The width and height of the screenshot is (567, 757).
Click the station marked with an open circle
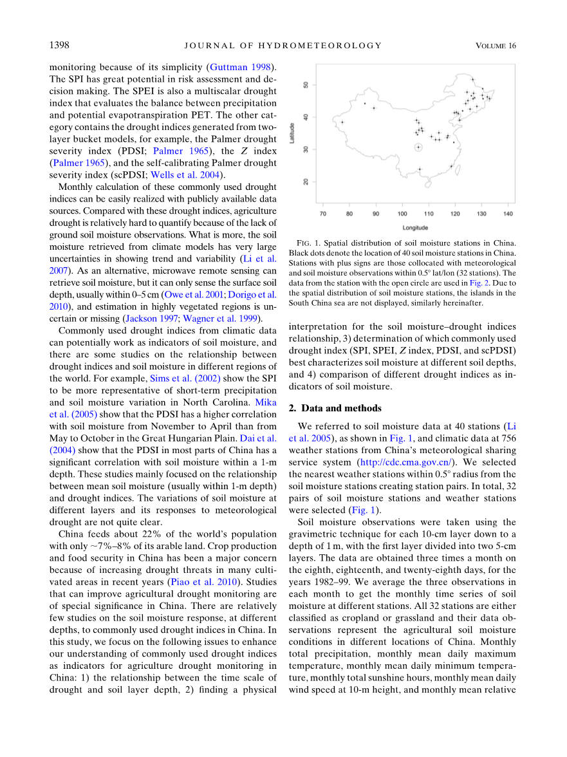(418, 147)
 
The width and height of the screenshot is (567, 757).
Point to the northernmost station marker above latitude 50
(472, 80)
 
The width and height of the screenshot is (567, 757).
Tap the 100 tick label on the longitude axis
(402, 214)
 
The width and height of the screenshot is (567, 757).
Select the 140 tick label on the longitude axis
(508, 214)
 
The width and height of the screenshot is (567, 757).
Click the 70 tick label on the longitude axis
(322, 214)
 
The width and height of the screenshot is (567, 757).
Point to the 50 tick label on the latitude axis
(306, 84)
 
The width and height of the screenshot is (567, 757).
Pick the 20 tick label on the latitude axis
(306, 181)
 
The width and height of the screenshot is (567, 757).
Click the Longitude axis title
(415, 227)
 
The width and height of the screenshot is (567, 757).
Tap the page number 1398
(59, 45)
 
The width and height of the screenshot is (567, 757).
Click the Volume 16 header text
(496, 45)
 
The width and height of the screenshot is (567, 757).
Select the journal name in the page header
(283, 45)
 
